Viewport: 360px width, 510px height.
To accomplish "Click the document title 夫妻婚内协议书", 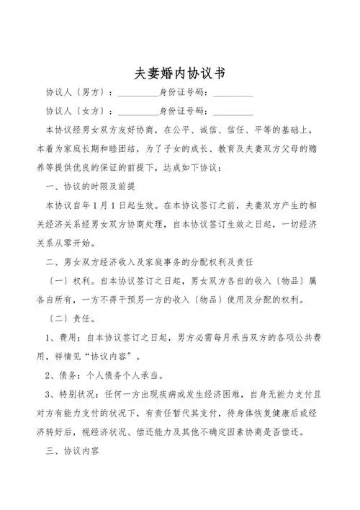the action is tap(180, 73).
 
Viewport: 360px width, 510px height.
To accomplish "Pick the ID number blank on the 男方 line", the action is tap(233, 94).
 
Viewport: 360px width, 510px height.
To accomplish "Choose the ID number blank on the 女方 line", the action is tap(233, 112).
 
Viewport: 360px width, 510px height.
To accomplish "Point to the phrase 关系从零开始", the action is tap(69, 242).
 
